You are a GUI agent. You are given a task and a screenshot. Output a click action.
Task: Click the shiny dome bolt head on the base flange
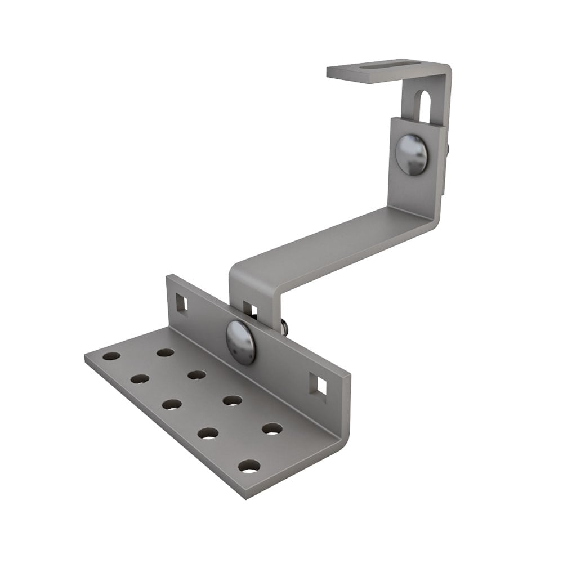240,341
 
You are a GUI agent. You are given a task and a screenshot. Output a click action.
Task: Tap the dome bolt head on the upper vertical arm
411,154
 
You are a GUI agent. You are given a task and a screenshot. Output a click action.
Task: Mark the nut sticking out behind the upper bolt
447,149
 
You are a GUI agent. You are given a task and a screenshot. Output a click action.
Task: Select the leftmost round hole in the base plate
111,356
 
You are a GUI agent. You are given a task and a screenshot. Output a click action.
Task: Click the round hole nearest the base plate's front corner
249,466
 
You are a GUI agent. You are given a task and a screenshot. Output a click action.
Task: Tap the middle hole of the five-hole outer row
171,404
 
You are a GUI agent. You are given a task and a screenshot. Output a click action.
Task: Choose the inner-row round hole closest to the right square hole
272,428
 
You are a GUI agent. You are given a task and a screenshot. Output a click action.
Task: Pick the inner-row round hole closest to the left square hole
165,352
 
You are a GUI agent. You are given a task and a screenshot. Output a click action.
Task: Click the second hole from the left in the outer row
140,379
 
